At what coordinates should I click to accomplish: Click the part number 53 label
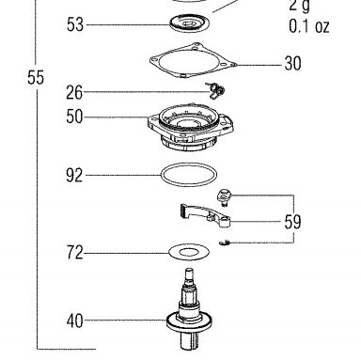pos(75,24)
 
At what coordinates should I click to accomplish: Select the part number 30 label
pos(292,63)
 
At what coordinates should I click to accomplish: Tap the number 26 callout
pos(74,92)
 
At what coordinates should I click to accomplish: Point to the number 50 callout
pos(74,117)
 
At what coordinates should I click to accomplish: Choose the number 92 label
pos(74,175)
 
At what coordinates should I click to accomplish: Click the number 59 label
pos(292,222)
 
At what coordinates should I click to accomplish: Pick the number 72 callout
pos(75,253)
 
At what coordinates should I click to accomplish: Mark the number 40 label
pos(75,321)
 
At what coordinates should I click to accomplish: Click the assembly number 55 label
pos(36,77)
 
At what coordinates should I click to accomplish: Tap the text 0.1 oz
pos(309,26)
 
